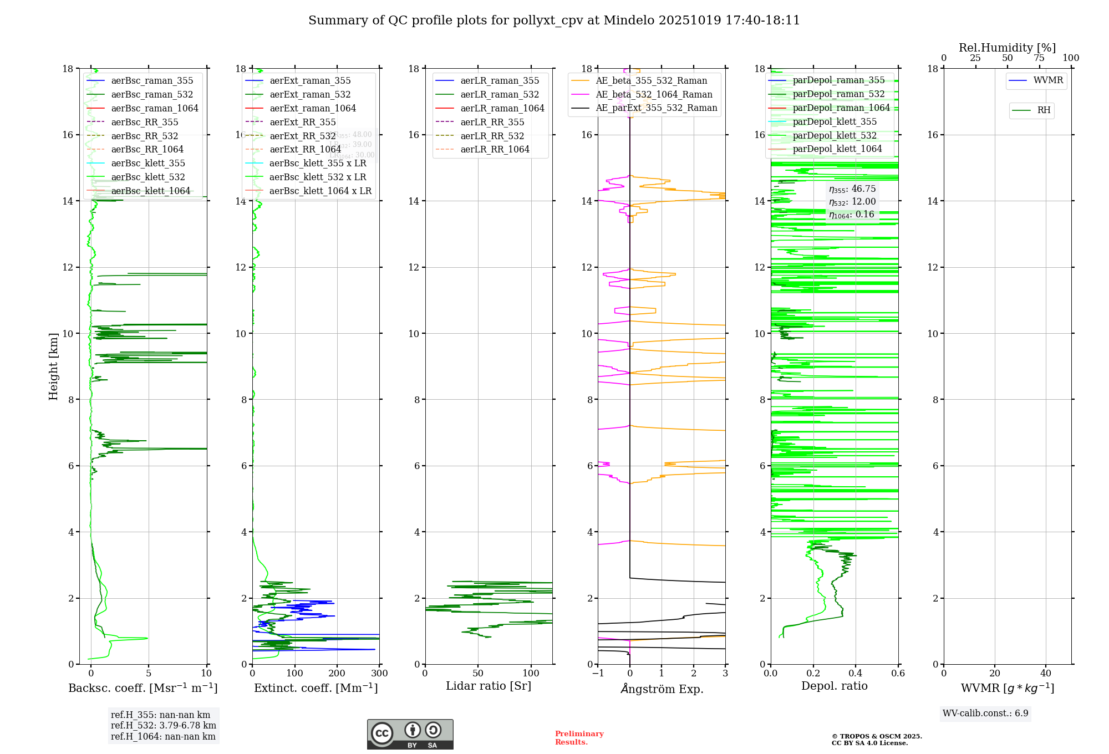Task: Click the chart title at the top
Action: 554,21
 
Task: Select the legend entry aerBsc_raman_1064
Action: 154,108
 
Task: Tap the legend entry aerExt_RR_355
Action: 302,122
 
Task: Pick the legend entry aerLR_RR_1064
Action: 495,149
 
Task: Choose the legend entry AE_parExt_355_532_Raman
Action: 656,108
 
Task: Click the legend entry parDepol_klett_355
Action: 835,121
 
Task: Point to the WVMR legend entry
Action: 1048,80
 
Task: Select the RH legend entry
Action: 1044,110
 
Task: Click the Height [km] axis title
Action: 53,366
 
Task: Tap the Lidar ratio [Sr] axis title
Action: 489,686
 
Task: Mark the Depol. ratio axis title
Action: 834,686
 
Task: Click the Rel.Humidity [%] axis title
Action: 1007,48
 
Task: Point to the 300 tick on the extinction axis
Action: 379,674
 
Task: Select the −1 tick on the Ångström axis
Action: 598,674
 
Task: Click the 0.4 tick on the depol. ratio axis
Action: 856,674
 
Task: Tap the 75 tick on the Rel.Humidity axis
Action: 1039,58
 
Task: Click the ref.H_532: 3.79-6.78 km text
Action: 163,726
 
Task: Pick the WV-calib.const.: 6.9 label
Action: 985,714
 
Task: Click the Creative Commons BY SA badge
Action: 410,735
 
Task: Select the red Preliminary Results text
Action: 579,738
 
